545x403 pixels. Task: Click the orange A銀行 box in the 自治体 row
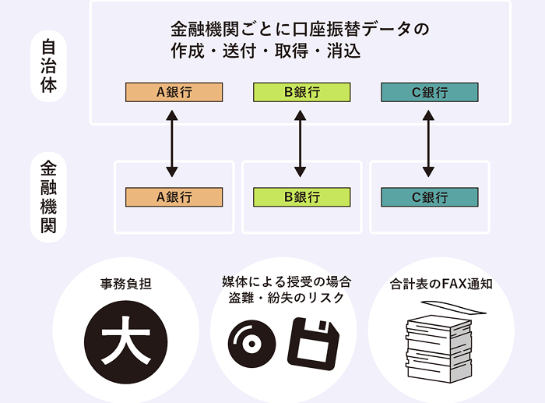click(x=174, y=93)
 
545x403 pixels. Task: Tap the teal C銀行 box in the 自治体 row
click(x=429, y=93)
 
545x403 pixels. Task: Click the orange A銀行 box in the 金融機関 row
click(x=174, y=197)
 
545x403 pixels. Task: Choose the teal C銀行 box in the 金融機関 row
click(x=429, y=197)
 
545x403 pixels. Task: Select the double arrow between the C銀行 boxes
click(x=428, y=144)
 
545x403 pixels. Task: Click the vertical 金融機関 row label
click(x=48, y=196)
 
